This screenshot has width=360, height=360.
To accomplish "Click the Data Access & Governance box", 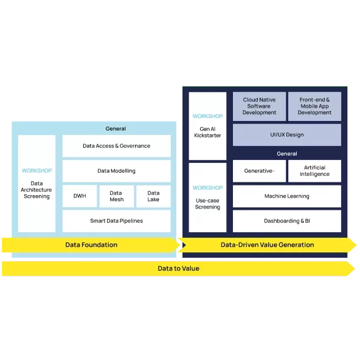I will click(x=116, y=146).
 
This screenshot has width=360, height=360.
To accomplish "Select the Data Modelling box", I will click(x=116, y=171).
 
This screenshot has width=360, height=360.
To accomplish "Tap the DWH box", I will click(x=80, y=196).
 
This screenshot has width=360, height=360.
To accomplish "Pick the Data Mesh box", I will click(x=116, y=196).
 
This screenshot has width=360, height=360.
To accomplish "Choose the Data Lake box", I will click(x=153, y=196).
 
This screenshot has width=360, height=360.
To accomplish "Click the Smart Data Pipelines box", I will click(x=116, y=221).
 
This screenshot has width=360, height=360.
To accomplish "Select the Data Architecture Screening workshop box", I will click(x=36, y=184).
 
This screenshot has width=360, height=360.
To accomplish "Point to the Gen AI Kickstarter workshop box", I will click(x=207, y=126).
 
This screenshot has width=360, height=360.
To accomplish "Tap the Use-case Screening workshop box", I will click(x=207, y=198).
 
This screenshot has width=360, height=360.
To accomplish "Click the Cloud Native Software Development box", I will click(x=259, y=106).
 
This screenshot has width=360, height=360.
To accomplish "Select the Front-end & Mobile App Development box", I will click(x=314, y=106).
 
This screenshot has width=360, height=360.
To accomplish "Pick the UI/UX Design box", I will click(x=286, y=135).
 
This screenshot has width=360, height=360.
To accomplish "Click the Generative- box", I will click(x=259, y=171).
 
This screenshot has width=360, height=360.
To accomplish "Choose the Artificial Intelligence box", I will click(x=314, y=171).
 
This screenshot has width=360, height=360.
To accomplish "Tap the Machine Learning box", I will click(x=286, y=196).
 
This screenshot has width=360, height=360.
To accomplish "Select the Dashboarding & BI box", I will click(x=286, y=221).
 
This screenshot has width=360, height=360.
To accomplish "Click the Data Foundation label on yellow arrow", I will click(x=91, y=245).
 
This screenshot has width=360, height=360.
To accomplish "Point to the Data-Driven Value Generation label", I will click(x=267, y=245).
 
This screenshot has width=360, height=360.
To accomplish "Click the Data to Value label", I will click(x=178, y=268).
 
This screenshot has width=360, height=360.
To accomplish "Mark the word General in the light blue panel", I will click(x=116, y=129).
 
